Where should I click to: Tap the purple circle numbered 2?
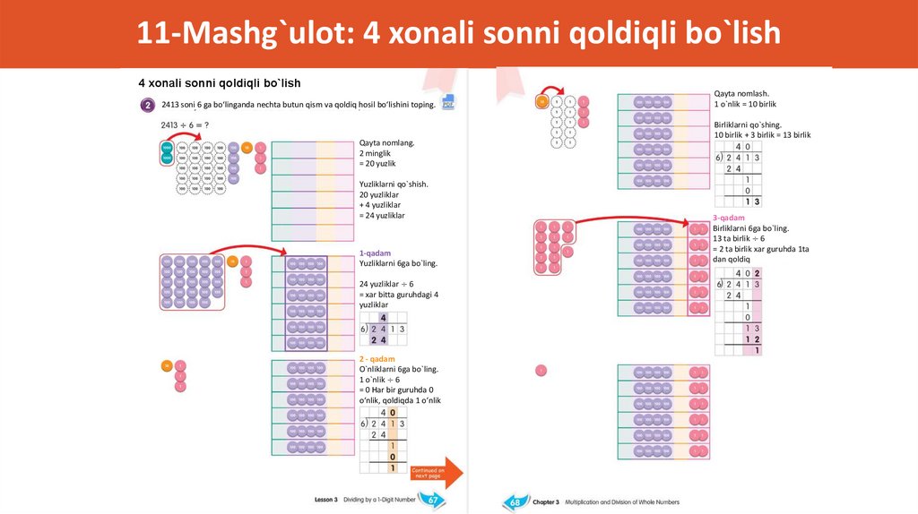click(x=147, y=105)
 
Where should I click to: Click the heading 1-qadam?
click(x=375, y=253)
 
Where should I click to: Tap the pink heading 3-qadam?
click(x=729, y=218)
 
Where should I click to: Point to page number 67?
click(x=433, y=499)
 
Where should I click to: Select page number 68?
click(x=513, y=501)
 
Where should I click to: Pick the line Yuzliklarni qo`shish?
click(x=394, y=184)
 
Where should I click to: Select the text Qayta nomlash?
click(x=741, y=93)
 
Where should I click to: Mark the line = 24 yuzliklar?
click(x=382, y=216)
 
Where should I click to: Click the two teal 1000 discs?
click(x=167, y=152)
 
